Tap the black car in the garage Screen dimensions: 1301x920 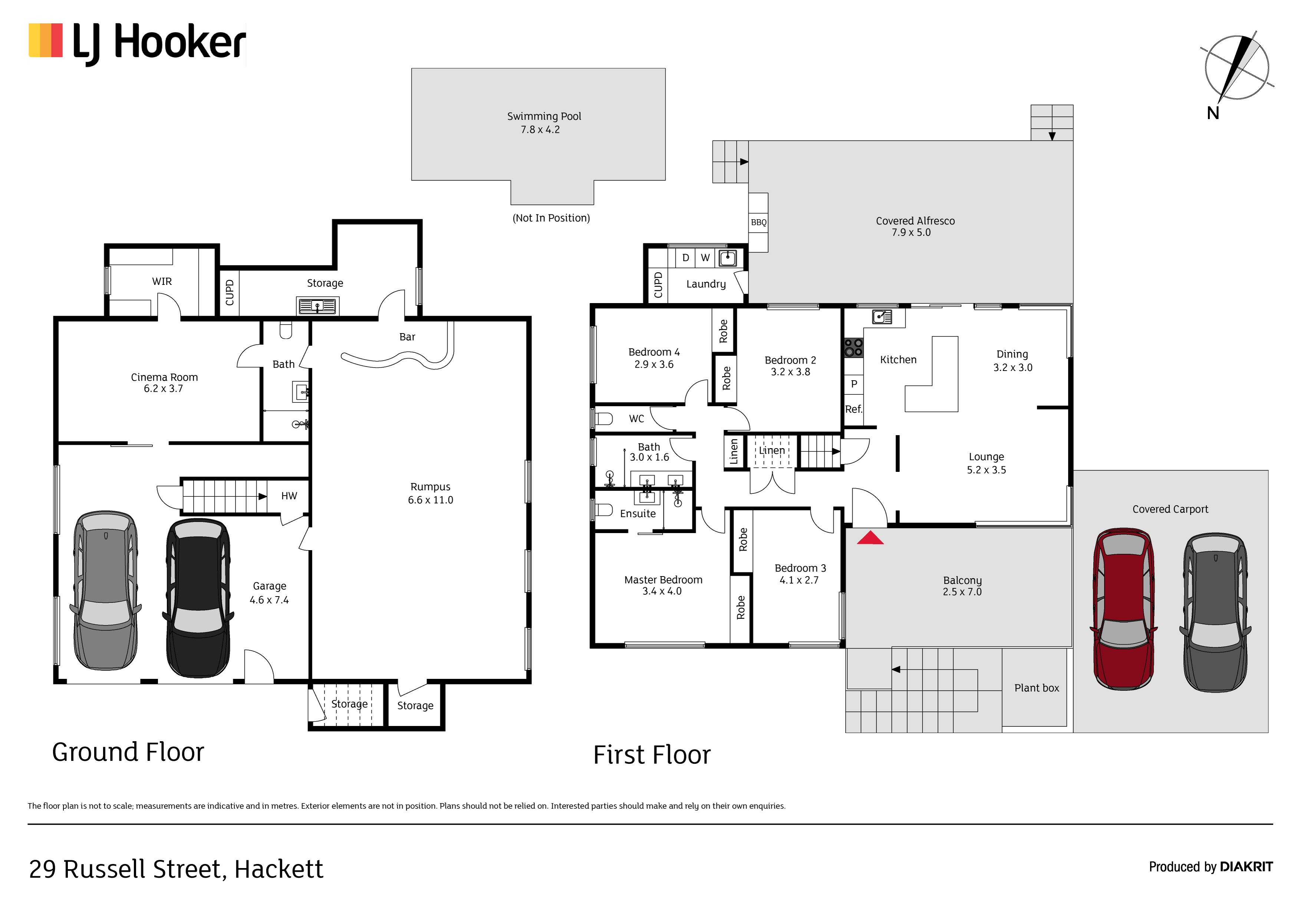pyautogui.click(x=198, y=598)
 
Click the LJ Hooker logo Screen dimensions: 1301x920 pyautogui.click(x=137, y=43)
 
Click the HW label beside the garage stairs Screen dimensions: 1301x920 pyautogui.click(x=289, y=496)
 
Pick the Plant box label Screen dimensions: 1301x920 pyautogui.click(x=1036, y=688)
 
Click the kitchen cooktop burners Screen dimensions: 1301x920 pyautogui.click(x=853, y=348)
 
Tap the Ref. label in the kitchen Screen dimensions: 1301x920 pyautogui.click(x=853, y=409)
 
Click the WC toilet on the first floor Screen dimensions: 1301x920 pyautogui.click(x=603, y=419)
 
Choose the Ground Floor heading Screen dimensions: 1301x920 pyautogui.click(x=128, y=752)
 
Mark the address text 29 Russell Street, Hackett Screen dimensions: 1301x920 pyautogui.click(x=176, y=869)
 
